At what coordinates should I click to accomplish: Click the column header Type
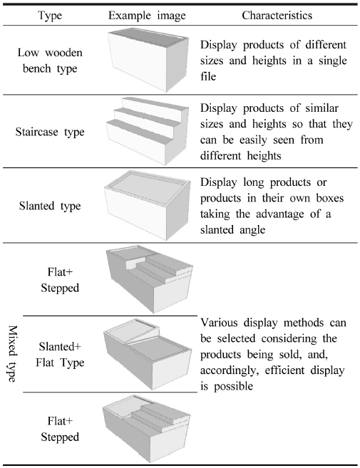point(50,16)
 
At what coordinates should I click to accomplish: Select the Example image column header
point(147,16)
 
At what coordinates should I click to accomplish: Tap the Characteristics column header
point(277,15)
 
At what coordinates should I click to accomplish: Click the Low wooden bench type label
point(50,61)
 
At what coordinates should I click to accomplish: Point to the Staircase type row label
point(50,132)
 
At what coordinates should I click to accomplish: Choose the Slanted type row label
point(50,206)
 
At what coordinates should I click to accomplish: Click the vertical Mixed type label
point(12,354)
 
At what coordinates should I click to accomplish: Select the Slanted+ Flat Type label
point(60,355)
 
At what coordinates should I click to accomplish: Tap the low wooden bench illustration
point(148,60)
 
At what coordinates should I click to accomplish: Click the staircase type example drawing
point(148,131)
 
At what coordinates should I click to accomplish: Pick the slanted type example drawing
point(148,205)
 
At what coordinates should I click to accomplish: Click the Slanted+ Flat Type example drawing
point(148,354)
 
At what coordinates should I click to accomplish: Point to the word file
point(208,76)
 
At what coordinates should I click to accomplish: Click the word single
point(332,61)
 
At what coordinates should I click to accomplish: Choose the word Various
point(219,323)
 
